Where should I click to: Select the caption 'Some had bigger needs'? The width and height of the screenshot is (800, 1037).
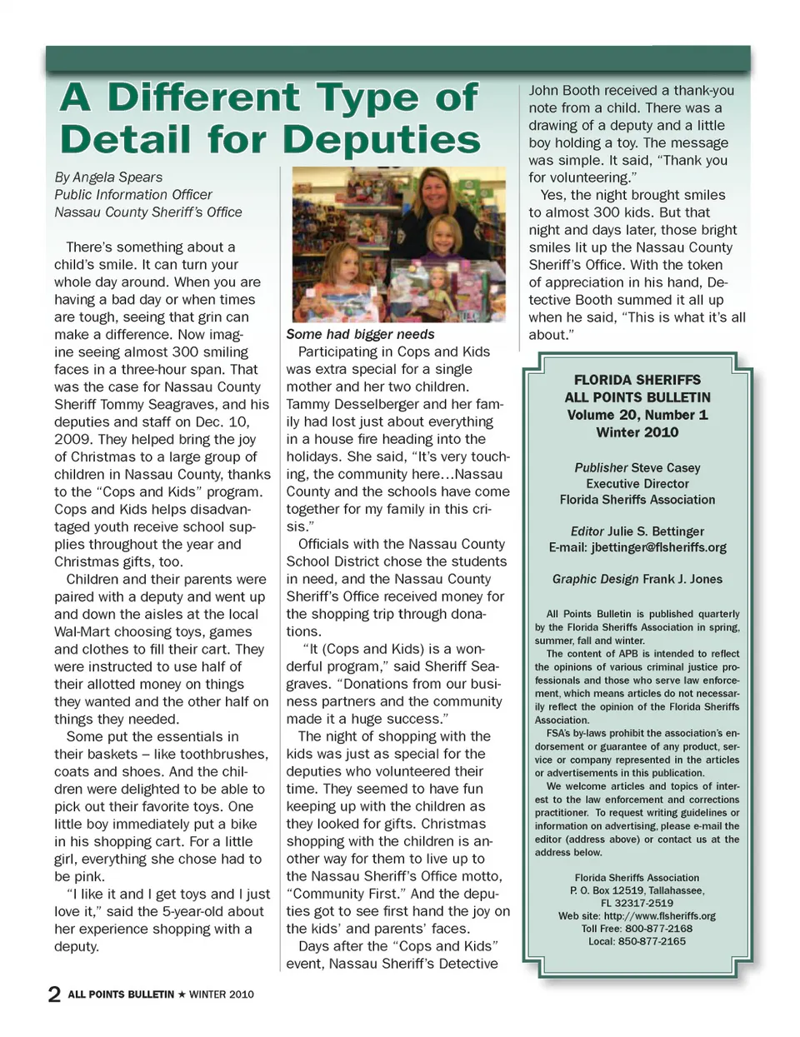(360, 334)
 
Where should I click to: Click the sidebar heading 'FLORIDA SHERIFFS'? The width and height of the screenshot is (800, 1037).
(637, 380)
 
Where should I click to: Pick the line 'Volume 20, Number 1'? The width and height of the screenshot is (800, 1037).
(637, 415)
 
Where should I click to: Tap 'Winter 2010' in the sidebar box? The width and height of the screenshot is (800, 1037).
(637, 432)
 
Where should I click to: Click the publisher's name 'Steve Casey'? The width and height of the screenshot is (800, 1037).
(666, 468)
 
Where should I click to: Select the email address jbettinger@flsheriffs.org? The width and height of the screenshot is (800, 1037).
(658, 547)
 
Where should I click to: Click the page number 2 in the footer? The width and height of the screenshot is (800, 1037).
(54, 994)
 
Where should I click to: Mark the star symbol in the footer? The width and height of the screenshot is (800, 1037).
(182, 995)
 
